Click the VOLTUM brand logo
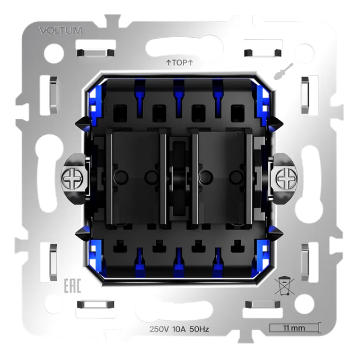click(x=60, y=31)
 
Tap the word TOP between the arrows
click(x=180, y=63)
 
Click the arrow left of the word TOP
click(x=169, y=63)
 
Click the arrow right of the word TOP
click(x=190, y=63)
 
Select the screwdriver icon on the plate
click(x=284, y=72)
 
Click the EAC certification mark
click(x=72, y=286)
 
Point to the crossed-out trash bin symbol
click(x=284, y=286)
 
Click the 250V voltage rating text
click(x=159, y=329)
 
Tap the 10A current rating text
click(x=179, y=329)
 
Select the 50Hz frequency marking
click(x=199, y=329)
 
